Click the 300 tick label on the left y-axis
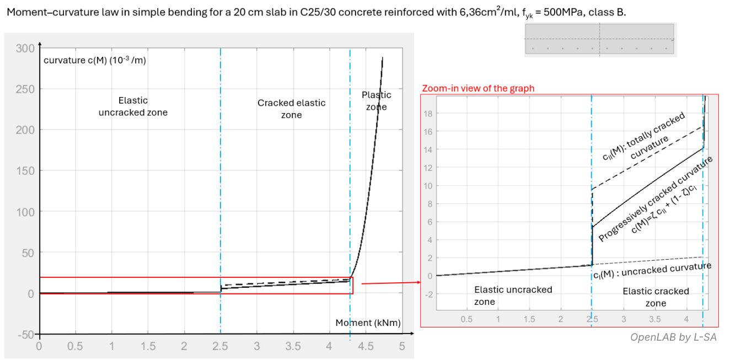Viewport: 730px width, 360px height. pos(25,48)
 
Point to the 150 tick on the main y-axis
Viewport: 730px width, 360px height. pos(25,171)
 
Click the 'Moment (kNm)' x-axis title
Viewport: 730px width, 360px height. pos(368,323)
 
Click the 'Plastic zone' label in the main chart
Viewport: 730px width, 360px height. pos(377,101)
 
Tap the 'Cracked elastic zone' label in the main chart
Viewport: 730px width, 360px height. pos(291,109)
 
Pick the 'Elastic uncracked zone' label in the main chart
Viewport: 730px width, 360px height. pos(133,106)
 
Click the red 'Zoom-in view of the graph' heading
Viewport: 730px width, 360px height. pos(478,88)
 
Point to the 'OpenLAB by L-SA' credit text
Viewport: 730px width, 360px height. pos(674,337)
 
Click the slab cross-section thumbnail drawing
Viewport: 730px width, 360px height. pos(599,39)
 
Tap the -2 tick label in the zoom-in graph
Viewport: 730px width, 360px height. pos(428,293)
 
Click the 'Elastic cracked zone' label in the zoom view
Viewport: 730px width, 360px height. pos(656,297)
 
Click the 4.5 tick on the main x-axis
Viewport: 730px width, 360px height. pos(365,346)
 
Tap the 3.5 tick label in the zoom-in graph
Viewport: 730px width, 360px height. pos(654,319)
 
